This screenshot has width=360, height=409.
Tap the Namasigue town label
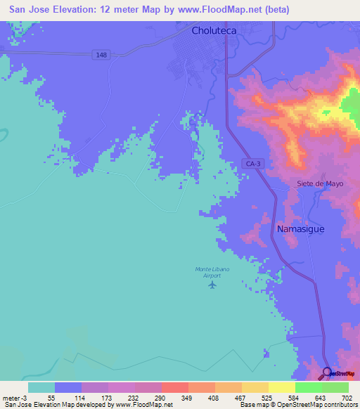click(300, 229)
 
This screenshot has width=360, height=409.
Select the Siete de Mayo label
click(314, 184)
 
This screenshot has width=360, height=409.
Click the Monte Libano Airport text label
click(208, 273)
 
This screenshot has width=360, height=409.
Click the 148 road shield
click(101, 55)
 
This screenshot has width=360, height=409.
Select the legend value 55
click(51, 397)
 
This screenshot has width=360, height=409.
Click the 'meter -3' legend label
click(14, 397)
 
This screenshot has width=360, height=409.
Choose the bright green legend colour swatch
click(308, 387)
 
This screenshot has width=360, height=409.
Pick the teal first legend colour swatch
click(41, 387)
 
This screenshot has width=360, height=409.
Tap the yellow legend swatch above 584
click(281, 387)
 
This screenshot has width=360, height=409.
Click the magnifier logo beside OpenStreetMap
click(327, 373)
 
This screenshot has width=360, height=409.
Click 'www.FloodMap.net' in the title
click(219, 10)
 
